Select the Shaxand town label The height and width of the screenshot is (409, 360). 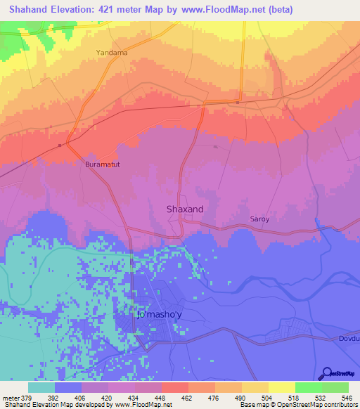(x=184, y=209)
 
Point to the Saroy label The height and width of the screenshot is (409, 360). (x=260, y=219)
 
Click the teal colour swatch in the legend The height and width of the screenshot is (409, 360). (x=41, y=387)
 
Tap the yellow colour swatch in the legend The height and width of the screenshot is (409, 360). (x=281, y=387)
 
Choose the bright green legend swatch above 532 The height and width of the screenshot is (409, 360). (x=308, y=387)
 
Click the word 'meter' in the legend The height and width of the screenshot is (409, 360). (x=11, y=396)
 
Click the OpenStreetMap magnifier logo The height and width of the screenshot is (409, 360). (x=326, y=372)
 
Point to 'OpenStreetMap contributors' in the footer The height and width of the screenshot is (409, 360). (x=323, y=405)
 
